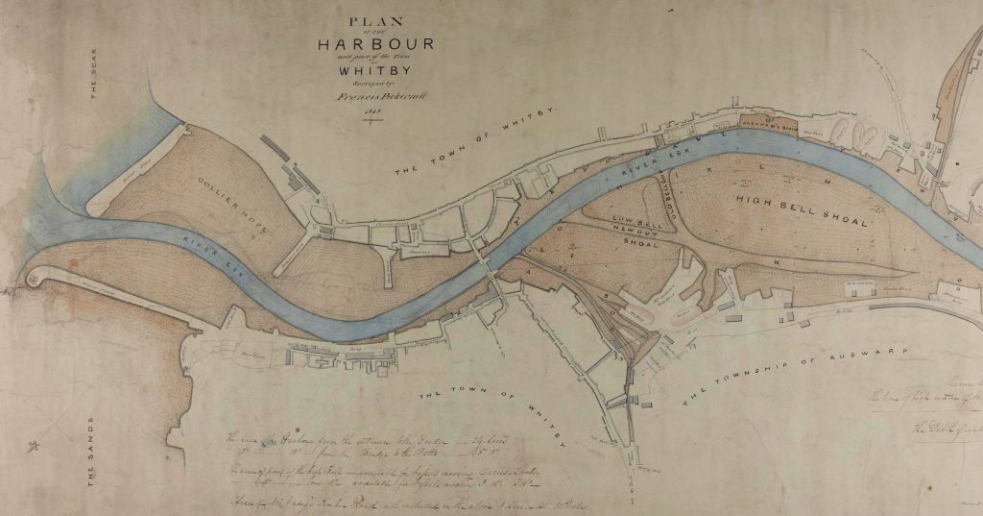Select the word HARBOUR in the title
(378, 44)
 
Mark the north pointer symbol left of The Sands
(36, 444)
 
